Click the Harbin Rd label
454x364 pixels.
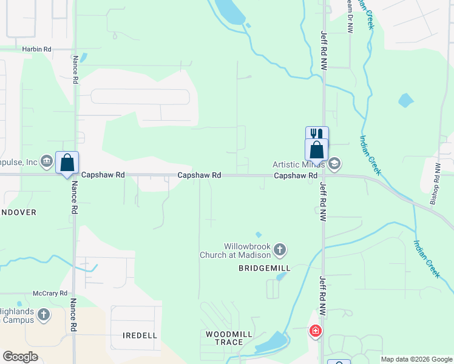[x=37, y=49]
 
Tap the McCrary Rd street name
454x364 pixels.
[x=51, y=293]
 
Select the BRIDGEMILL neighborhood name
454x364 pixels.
[x=265, y=268]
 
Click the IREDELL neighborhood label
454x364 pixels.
[x=140, y=335]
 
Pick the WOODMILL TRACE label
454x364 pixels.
[x=225, y=338]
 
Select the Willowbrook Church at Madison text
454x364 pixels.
[x=236, y=251]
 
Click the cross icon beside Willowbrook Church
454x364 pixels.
[x=280, y=249]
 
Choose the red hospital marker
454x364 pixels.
[x=316, y=331]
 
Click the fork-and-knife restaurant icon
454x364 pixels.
[x=317, y=134]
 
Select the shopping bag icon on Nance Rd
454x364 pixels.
[x=67, y=163]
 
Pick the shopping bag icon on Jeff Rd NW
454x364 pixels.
[x=317, y=149]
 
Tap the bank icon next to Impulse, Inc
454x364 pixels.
[x=47, y=161]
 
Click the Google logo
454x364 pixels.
[x=20, y=357]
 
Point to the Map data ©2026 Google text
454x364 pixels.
[x=416, y=359]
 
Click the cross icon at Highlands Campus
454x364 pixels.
[x=43, y=314]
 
